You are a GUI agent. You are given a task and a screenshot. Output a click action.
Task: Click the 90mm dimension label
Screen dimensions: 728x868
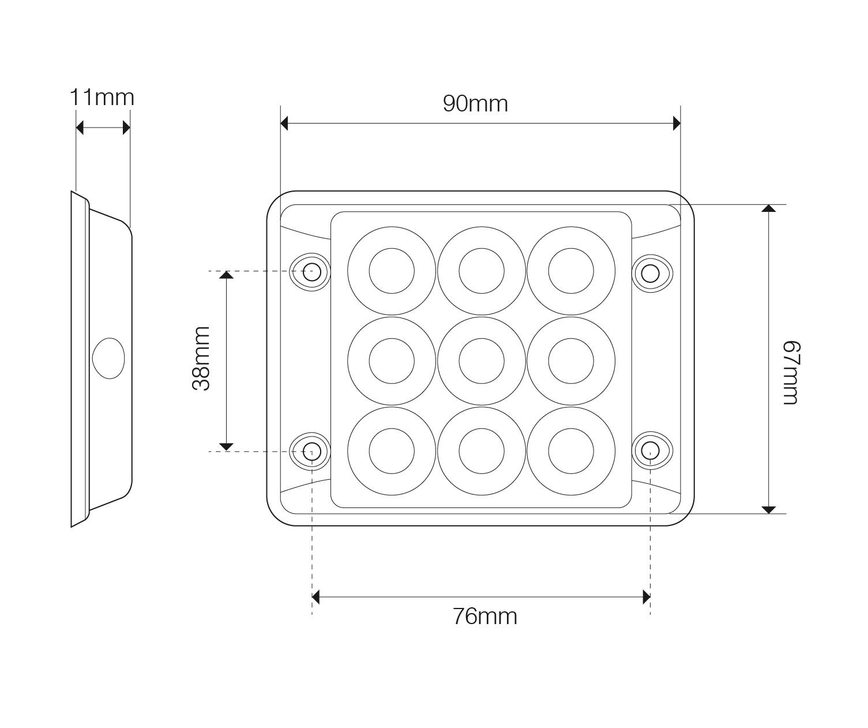pyautogui.click(x=475, y=104)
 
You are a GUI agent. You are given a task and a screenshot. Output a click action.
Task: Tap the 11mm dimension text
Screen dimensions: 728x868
pyautogui.click(x=102, y=98)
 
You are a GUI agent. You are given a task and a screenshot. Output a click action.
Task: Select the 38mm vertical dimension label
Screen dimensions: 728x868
pyautogui.click(x=201, y=359)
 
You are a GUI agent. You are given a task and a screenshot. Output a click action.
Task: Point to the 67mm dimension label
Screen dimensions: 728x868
pyautogui.click(x=791, y=373)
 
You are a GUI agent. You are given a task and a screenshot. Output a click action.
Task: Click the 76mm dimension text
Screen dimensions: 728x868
pyautogui.click(x=484, y=617)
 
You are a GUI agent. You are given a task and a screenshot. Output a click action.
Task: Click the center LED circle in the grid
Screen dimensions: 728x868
pyautogui.click(x=482, y=361)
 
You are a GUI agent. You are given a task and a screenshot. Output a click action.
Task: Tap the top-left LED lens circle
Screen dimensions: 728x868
pyautogui.click(x=392, y=271)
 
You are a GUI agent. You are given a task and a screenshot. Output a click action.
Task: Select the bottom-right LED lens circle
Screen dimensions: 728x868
pyautogui.click(x=571, y=451)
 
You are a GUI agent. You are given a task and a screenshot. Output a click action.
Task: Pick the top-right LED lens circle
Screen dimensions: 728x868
pyautogui.click(x=571, y=271)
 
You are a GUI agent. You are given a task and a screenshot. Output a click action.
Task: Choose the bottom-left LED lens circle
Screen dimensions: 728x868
pyautogui.click(x=392, y=451)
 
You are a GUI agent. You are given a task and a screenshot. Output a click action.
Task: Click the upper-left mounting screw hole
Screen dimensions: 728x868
pyautogui.click(x=311, y=272)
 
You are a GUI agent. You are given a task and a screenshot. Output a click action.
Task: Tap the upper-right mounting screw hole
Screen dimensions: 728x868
pyautogui.click(x=651, y=272)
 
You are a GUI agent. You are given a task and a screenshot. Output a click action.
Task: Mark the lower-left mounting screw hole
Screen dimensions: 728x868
pyautogui.click(x=311, y=450)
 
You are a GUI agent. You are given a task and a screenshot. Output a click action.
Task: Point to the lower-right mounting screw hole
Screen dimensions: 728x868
pyautogui.click(x=651, y=450)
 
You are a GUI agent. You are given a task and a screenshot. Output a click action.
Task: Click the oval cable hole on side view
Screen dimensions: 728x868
pyautogui.click(x=108, y=358)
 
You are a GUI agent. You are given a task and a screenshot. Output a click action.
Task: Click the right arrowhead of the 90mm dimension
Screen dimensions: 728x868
pyautogui.click(x=677, y=123)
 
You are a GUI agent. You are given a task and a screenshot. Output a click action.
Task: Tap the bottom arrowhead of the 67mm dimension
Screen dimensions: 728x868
pyautogui.click(x=769, y=509)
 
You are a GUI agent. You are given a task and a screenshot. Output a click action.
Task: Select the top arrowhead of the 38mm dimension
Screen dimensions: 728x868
pyautogui.click(x=226, y=275)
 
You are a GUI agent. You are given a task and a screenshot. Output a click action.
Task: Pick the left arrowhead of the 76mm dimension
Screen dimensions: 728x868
pyautogui.click(x=316, y=598)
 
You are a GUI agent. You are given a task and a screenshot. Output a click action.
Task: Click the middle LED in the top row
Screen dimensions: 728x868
pyautogui.click(x=482, y=271)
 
